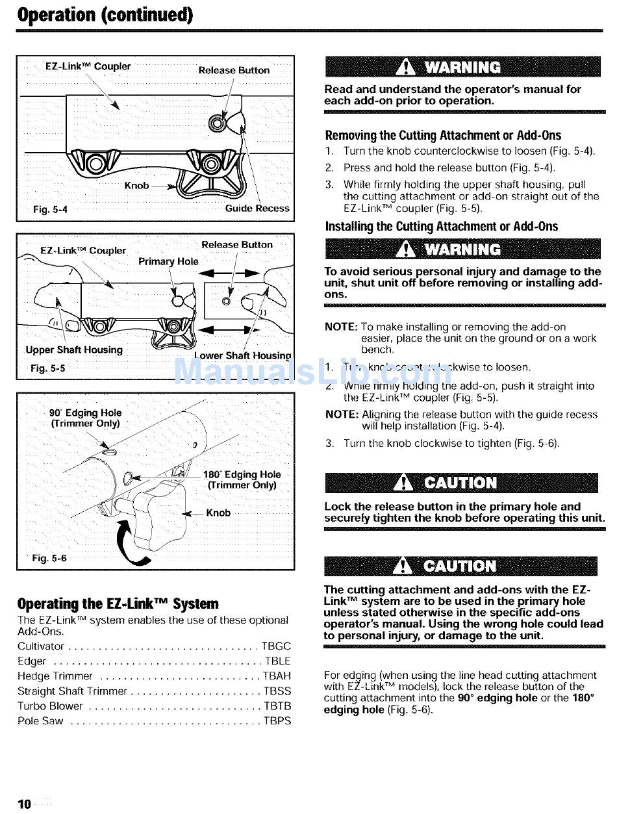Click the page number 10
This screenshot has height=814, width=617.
tap(24, 804)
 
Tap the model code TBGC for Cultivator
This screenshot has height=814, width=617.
tap(276, 646)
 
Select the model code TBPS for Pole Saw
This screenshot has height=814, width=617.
tap(276, 720)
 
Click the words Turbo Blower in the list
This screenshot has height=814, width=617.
tap(50, 706)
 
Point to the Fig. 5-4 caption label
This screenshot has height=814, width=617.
tap(50, 209)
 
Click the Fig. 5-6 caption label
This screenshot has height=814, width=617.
tap(50, 558)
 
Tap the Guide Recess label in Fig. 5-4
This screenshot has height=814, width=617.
tap(257, 209)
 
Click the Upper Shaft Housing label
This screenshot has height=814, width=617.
tap(74, 350)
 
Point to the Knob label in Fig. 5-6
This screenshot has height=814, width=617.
tap(218, 513)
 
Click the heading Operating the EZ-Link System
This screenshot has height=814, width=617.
tap(118, 604)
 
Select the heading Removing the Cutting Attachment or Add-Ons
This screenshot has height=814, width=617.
tap(442, 135)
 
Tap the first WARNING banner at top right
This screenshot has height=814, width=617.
tap(460, 68)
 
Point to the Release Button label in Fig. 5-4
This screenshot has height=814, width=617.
tap(234, 70)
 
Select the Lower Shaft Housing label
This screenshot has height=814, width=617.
tap(243, 355)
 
